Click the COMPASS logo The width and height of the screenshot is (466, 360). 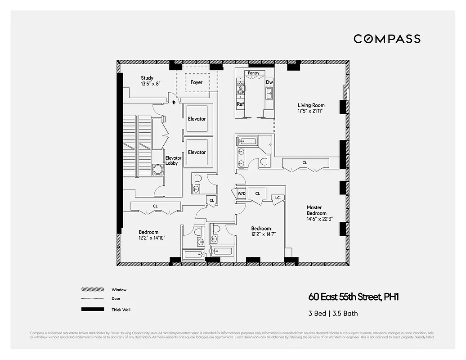[387, 39]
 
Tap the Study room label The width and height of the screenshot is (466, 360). [147, 78]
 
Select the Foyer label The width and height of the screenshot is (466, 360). [197, 82]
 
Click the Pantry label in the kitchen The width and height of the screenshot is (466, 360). [254, 73]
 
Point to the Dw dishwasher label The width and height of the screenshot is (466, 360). [269, 82]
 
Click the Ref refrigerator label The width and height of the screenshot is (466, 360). [240, 104]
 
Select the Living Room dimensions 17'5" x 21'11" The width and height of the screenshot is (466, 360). [311, 111]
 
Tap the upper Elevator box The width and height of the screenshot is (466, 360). [197, 119]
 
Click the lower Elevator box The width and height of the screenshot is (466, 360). [197, 152]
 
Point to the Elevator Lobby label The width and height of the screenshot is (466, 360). [173, 161]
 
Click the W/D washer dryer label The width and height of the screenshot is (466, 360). [241, 193]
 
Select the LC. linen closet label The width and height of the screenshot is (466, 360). [278, 198]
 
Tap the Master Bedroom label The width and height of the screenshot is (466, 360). [317, 210]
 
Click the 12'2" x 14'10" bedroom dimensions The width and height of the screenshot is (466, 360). [152, 238]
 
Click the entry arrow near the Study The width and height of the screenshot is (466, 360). [174, 102]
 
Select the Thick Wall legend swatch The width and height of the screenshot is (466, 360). [92, 310]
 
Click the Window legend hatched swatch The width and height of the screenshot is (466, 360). [92, 290]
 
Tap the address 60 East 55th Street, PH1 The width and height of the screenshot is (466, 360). [354, 297]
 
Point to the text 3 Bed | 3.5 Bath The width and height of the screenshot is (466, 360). [333, 313]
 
